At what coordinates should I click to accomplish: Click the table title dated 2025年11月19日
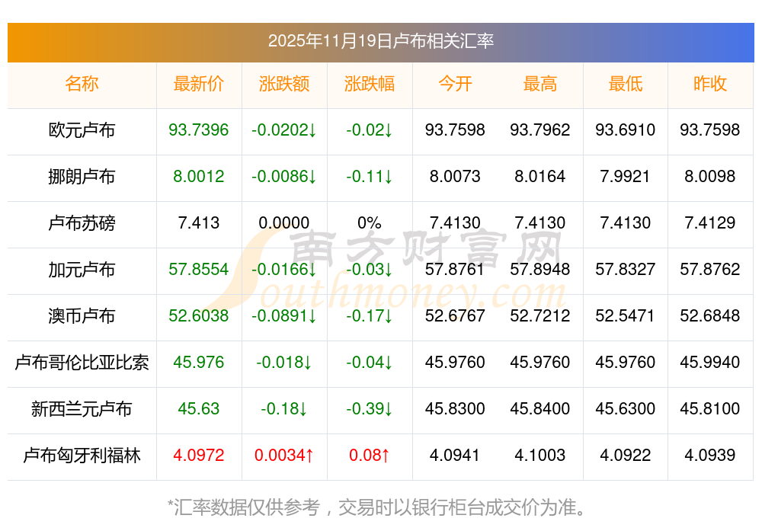[381, 40]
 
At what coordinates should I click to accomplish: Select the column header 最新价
[199, 84]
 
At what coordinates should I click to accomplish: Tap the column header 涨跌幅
[370, 84]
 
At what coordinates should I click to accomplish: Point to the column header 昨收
[710, 84]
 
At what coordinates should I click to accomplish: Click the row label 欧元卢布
[82, 130]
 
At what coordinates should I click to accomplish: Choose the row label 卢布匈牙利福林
[82, 456]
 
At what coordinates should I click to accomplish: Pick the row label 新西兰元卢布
[82, 409]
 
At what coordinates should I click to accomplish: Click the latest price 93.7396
[199, 130]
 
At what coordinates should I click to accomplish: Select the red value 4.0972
[199, 456]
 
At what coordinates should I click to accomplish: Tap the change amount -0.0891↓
[284, 316]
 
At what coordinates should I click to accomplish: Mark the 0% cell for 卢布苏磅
[370, 223]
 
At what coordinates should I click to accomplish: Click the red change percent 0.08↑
[370, 456]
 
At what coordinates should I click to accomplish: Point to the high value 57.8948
[540, 270]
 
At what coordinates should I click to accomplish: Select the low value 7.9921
[625, 177]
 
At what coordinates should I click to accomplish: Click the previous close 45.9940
[710, 363]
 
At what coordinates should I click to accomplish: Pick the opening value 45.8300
[455, 409]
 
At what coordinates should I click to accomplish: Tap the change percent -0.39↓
[370, 409]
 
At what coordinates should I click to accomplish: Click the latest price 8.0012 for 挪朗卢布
[199, 177]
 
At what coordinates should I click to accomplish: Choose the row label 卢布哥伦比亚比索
[82, 363]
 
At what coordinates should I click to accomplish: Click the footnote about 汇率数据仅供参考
[381, 507]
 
